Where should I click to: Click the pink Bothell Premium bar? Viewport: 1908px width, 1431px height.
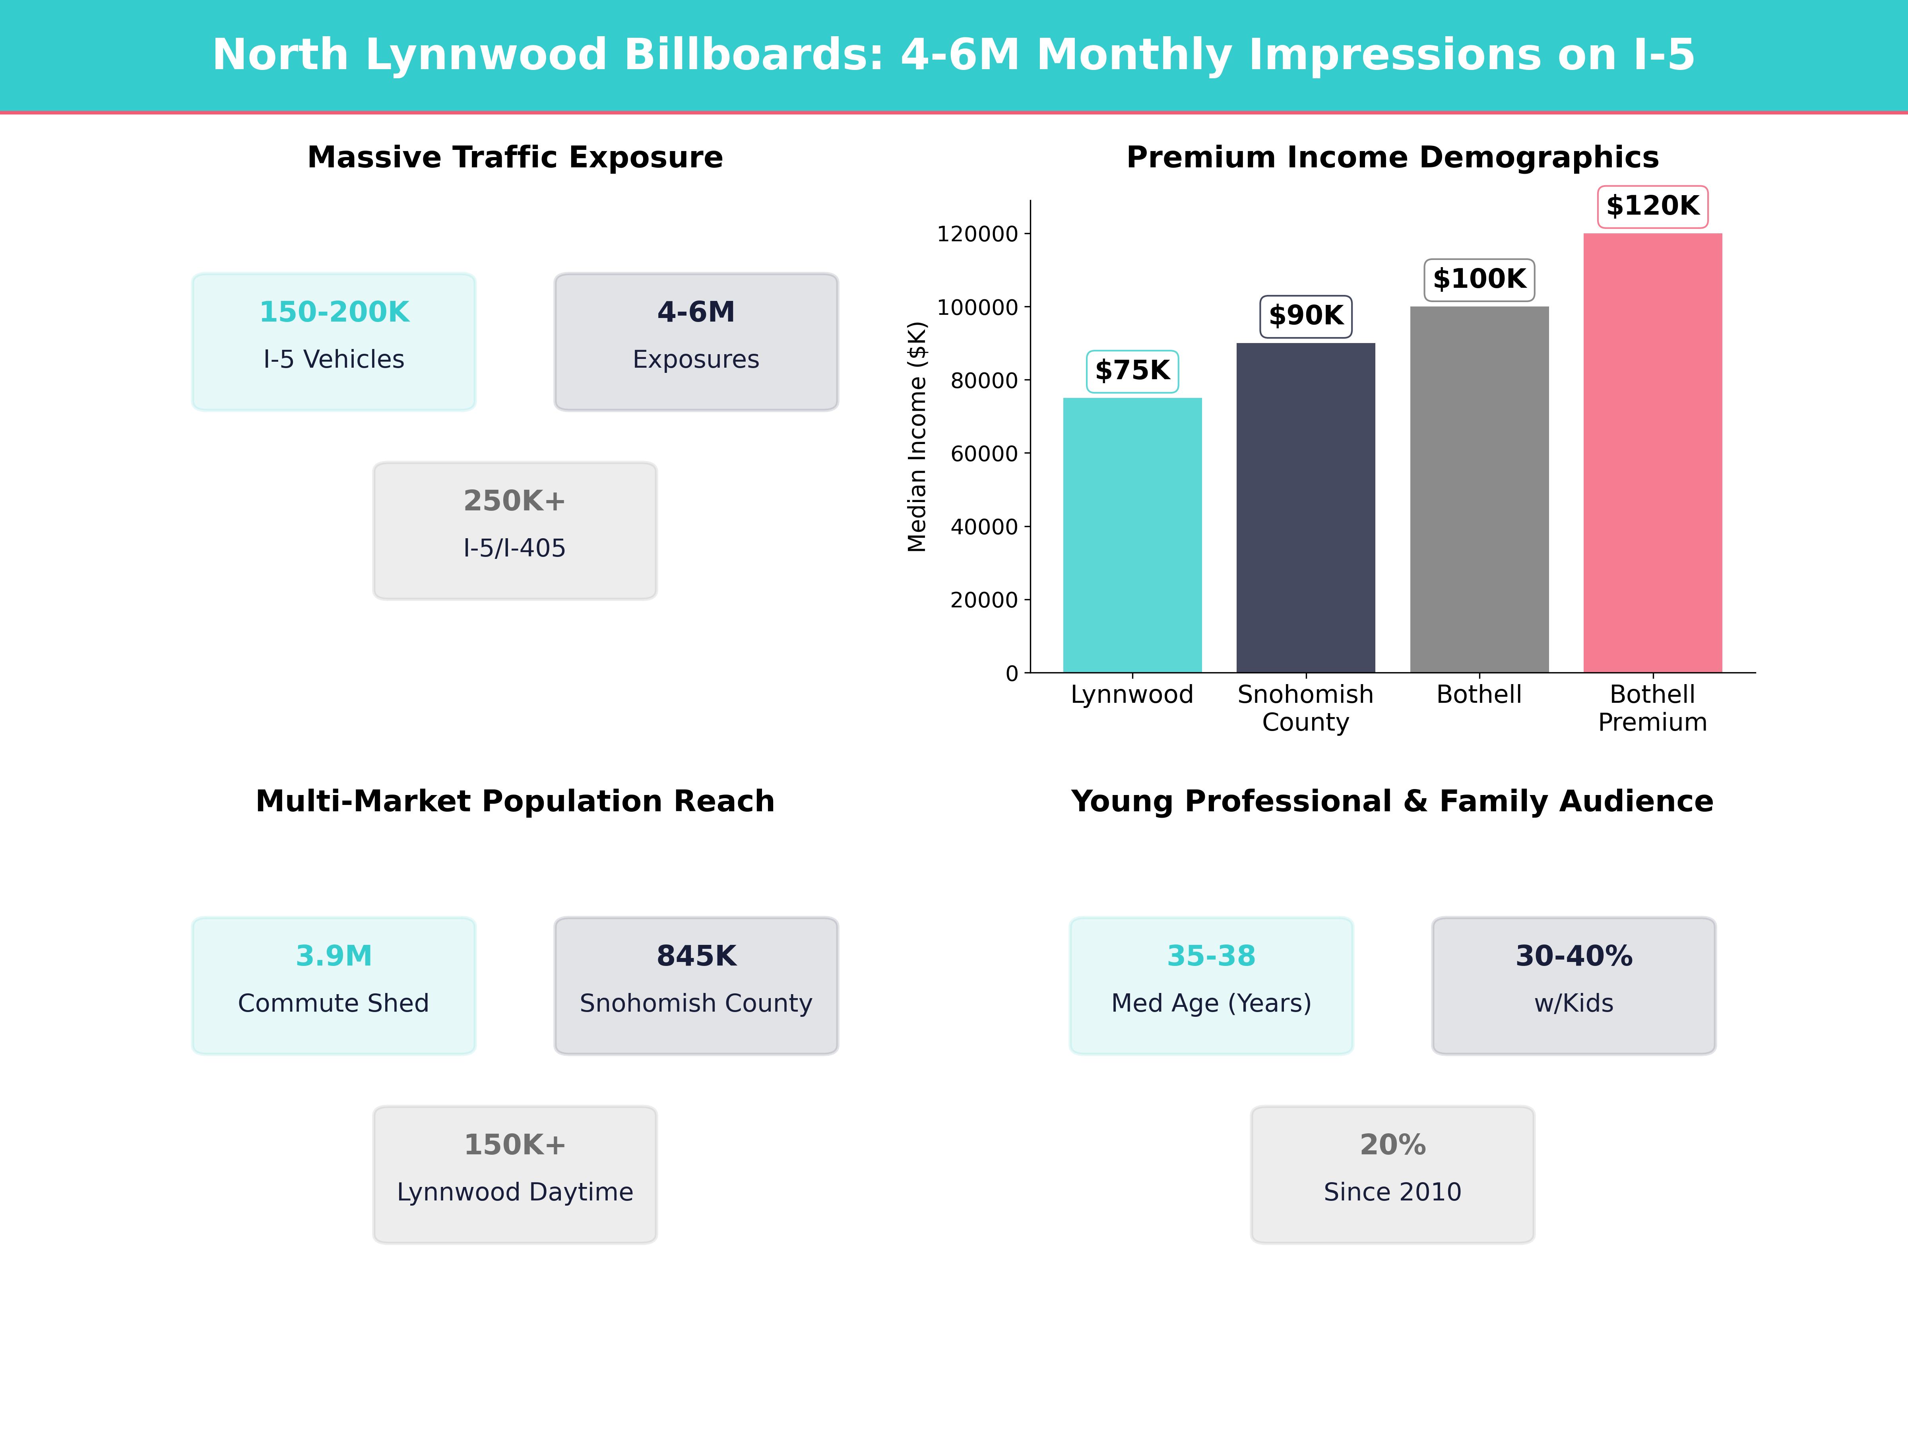pos(1652,453)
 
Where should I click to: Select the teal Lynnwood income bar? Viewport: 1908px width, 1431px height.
pos(1132,535)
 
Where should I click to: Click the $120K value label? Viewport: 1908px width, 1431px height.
pos(1652,206)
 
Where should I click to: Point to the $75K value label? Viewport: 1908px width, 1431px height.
pos(1132,371)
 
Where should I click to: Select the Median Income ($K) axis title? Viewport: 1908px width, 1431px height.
pos(917,436)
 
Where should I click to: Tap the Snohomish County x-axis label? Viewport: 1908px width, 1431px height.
pos(1305,708)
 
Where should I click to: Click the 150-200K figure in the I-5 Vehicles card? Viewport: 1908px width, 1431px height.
pos(334,312)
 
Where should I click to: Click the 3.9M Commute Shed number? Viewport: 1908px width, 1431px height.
pos(334,956)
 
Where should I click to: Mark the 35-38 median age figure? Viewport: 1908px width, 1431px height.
pos(1211,956)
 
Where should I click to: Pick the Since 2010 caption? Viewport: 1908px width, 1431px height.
pos(1392,1192)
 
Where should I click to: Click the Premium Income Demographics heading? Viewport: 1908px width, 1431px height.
pos(1392,158)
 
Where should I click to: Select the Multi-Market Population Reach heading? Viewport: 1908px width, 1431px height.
pos(515,801)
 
